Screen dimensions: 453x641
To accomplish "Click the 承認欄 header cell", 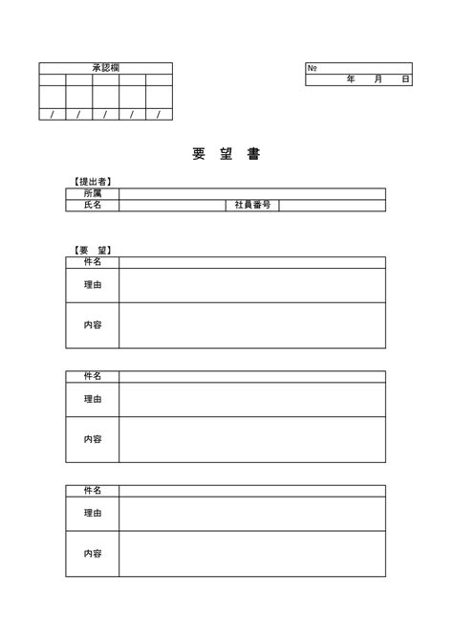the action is [105, 68].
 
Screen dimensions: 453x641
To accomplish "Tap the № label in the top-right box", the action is [313, 68].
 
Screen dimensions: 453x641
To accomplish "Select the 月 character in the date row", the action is [378, 79].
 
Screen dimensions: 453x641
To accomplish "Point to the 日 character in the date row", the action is [405, 79].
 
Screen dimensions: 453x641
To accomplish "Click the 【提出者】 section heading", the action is [93, 181].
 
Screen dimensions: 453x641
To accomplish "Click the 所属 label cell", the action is [93, 193].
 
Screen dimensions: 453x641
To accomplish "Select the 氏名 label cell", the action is [93, 205].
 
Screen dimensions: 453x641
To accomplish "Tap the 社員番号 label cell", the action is [252, 205].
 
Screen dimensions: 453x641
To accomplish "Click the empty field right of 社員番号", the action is [332, 205].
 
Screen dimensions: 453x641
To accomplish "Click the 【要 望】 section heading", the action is [93, 250].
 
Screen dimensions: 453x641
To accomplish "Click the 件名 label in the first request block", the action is [93, 262].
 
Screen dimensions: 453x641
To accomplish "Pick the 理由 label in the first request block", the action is [93, 285].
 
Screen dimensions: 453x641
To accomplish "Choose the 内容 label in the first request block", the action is [93, 325].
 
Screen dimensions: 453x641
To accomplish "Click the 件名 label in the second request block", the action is [93, 376].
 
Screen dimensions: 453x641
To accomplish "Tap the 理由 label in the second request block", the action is [93, 399].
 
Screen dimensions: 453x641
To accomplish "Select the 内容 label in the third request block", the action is [93, 553].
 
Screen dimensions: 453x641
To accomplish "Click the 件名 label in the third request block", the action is [93, 490].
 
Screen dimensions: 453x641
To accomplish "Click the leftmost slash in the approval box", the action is [52, 115].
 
